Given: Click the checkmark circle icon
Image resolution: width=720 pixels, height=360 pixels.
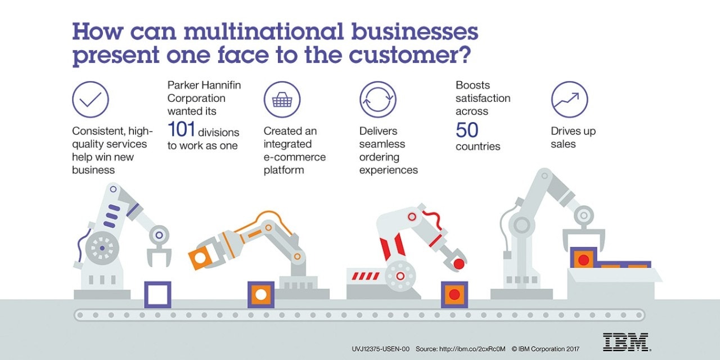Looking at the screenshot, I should pyautogui.click(x=90, y=100).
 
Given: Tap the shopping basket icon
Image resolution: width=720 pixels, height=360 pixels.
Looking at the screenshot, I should pyautogui.click(x=282, y=100).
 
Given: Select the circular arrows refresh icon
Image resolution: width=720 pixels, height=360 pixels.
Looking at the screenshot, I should pyautogui.click(x=377, y=100).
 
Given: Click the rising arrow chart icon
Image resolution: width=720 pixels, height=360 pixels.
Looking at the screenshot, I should pyautogui.click(x=569, y=100).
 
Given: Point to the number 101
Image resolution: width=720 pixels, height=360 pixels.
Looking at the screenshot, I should pyautogui.click(x=181, y=130).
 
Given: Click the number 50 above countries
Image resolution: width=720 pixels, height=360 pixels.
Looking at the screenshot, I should pyautogui.click(x=467, y=130).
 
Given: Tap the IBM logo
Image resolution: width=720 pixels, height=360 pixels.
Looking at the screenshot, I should pyautogui.click(x=625, y=341).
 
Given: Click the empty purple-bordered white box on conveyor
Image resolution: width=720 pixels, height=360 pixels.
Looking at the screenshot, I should pyautogui.click(x=157, y=294).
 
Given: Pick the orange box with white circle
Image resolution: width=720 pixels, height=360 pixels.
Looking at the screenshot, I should pyautogui.click(x=261, y=294).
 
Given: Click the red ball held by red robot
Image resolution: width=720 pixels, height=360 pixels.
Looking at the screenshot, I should pyautogui.click(x=459, y=263).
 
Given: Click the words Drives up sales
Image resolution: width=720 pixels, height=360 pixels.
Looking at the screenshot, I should pyautogui.click(x=573, y=137).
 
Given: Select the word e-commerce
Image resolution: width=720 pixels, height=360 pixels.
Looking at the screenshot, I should pyautogui.click(x=294, y=157).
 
